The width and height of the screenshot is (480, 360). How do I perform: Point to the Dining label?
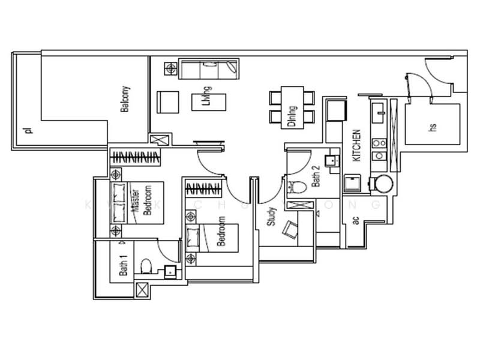(x=292, y=116)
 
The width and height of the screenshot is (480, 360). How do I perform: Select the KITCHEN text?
(x=356, y=145)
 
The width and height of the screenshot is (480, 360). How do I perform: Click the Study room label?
(x=271, y=216)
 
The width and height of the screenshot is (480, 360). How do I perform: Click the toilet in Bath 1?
(x=145, y=265)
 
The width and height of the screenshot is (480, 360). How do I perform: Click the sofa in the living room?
(x=209, y=68)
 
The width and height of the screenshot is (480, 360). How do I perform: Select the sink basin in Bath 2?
(x=330, y=161)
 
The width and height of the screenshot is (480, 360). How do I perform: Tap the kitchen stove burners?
(x=379, y=150)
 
